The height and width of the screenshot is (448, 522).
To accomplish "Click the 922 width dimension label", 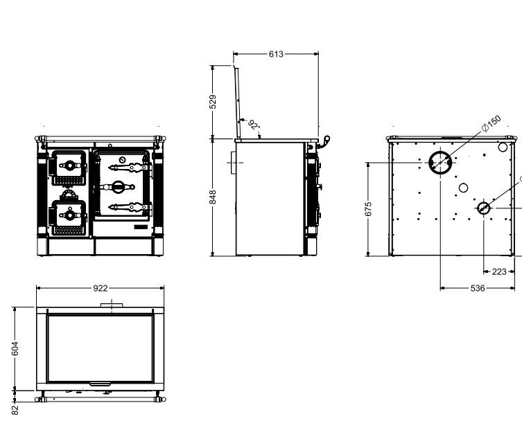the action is point(101,288).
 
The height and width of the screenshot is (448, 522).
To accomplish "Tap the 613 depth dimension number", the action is point(276,54).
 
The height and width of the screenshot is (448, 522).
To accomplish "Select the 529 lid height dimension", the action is point(213,102).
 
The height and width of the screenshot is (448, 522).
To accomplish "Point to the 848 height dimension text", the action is point(213,197).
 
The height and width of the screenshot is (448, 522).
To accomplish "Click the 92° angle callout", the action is point(254,125).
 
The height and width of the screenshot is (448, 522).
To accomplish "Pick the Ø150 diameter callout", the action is point(491,123).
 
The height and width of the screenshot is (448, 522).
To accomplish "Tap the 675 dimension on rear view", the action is point(368,209).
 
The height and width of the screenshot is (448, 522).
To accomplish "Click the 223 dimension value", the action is point(499,271).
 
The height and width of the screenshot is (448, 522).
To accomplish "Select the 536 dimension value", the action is point(478,288).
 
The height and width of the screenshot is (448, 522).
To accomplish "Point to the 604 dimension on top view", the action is point(15,348).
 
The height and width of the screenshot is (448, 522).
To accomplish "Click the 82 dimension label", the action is point(15,409).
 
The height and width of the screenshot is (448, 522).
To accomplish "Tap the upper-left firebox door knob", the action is point(70,165).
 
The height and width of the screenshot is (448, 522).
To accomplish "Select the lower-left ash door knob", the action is point(70,215).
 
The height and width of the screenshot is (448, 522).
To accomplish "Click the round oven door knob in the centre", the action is point(118,187).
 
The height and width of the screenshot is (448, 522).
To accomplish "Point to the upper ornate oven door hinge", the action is point(130,168).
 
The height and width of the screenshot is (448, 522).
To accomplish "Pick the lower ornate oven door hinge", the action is point(130,208).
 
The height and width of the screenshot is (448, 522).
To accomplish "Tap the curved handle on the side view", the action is point(324,141).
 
